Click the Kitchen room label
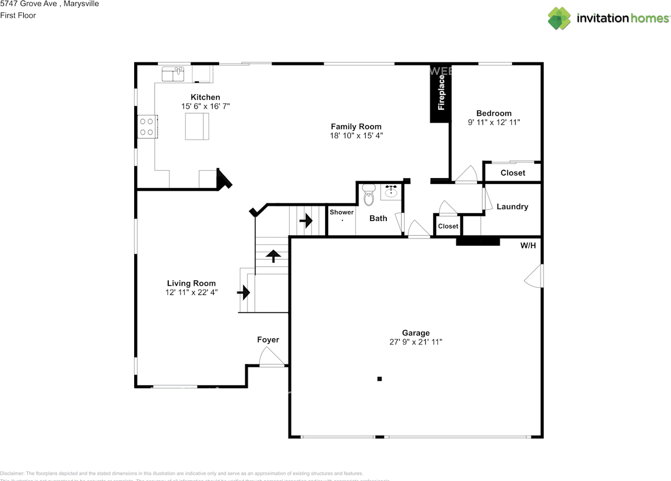(205, 97)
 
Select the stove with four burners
(147, 126)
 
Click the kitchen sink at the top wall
(173, 74)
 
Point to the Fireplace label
(441, 93)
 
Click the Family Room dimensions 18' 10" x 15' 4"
(356, 136)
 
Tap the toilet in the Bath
(369, 194)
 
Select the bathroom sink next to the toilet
(391, 192)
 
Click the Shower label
(341, 212)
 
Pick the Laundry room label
(512, 206)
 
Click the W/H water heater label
(528, 245)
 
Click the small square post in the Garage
(380, 378)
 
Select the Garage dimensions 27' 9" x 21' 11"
(416, 342)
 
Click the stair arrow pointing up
(273, 256)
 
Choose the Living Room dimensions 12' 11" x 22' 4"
(191, 292)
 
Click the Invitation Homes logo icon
(559, 18)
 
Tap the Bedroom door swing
(466, 175)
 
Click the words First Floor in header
(18, 15)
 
